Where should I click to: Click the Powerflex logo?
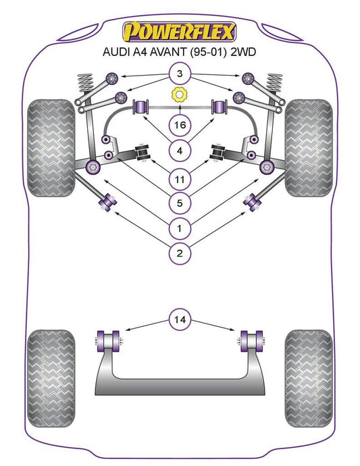pyautogui.click(x=180, y=32)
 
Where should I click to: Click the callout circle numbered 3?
pyautogui.click(x=180, y=74)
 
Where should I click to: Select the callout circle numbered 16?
pyautogui.click(x=180, y=125)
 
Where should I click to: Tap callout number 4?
pyautogui.click(x=180, y=151)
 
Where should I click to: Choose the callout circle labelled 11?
pyautogui.click(x=180, y=179)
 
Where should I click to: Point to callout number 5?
pyautogui.click(x=180, y=203)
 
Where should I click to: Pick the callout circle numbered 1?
pyautogui.click(x=180, y=228)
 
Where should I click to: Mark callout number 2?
pyautogui.click(x=180, y=253)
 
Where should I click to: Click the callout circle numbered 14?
pyautogui.click(x=180, y=319)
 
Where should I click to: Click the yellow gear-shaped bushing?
pyautogui.click(x=180, y=95)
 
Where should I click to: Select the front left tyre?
pyautogui.click(x=51, y=148)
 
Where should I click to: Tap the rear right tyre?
pyautogui.click(x=309, y=378)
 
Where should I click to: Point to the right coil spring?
pyautogui.click(x=274, y=84)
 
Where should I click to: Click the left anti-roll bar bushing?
pyautogui.click(x=142, y=107)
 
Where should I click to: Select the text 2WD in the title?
pyautogui.click(x=243, y=52)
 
